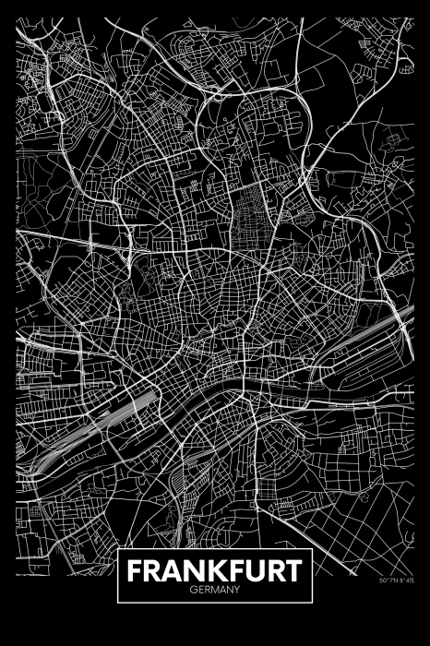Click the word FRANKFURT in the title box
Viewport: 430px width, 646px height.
pyautogui.click(x=214, y=570)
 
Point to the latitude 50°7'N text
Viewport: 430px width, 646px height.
pyautogui.click(x=388, y=606)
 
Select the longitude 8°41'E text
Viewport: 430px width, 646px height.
pyautogui.click(x=405, y=606)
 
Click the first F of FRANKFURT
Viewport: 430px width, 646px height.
pyautogui.click(x=134, y=570)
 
